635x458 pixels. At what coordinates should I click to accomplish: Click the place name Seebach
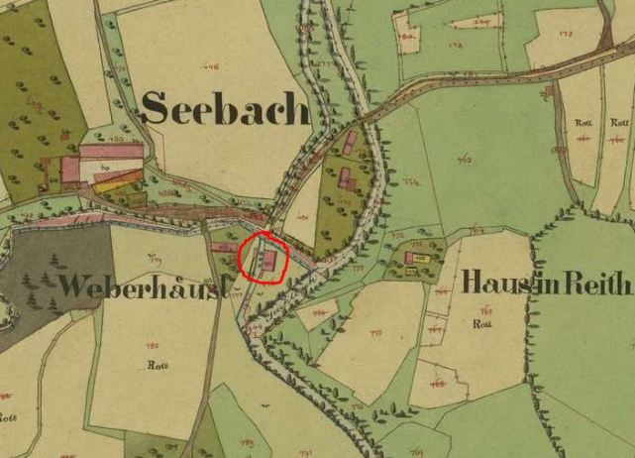coord(225,107)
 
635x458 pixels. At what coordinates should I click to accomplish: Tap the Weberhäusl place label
coord(145,286)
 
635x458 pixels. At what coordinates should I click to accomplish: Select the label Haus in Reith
coord(545,284)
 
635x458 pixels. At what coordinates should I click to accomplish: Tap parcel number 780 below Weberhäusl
coord(152,346)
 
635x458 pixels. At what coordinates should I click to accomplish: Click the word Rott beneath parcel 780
coord(153,363)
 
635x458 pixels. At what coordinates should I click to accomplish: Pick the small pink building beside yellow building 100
coord(408,259)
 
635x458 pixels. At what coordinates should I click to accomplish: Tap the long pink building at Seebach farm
coord(111,151)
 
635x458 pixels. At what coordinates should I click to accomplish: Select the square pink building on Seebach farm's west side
coord(71,170)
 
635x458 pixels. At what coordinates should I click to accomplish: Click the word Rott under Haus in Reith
coord(483,324)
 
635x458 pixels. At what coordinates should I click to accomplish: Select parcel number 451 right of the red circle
coord(302,215)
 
